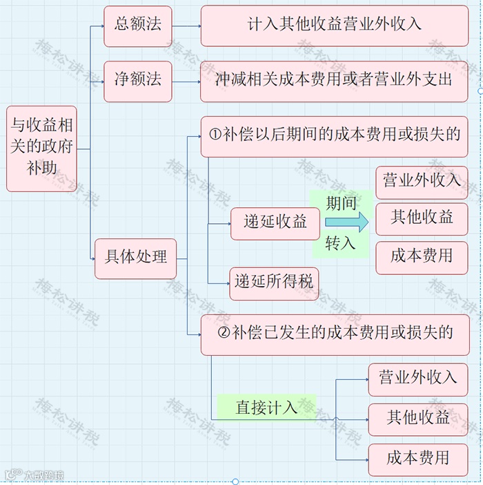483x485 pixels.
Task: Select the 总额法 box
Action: (x=137, y=26)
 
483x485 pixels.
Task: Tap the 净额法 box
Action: (x=137, y=80)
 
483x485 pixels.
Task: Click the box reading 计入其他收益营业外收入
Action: (x=334, y=26)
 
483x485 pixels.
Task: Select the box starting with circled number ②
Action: (x=334, y=334)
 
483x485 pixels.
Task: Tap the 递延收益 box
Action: (x=275, y=222)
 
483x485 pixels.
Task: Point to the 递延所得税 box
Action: (x=274, y=282)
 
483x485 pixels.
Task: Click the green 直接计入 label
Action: (x=266, y=408)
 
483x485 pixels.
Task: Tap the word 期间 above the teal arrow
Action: (x=341, y=202)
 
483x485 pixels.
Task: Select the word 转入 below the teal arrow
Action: (x=341, y=244)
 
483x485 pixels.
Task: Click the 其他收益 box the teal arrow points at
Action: (x=422, y=218)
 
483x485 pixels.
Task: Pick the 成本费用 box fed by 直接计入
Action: (x=417, y=458)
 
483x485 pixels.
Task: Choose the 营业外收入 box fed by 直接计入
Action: (x=417, y=379)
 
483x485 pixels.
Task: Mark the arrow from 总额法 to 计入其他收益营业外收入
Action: (x=186, y=26)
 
